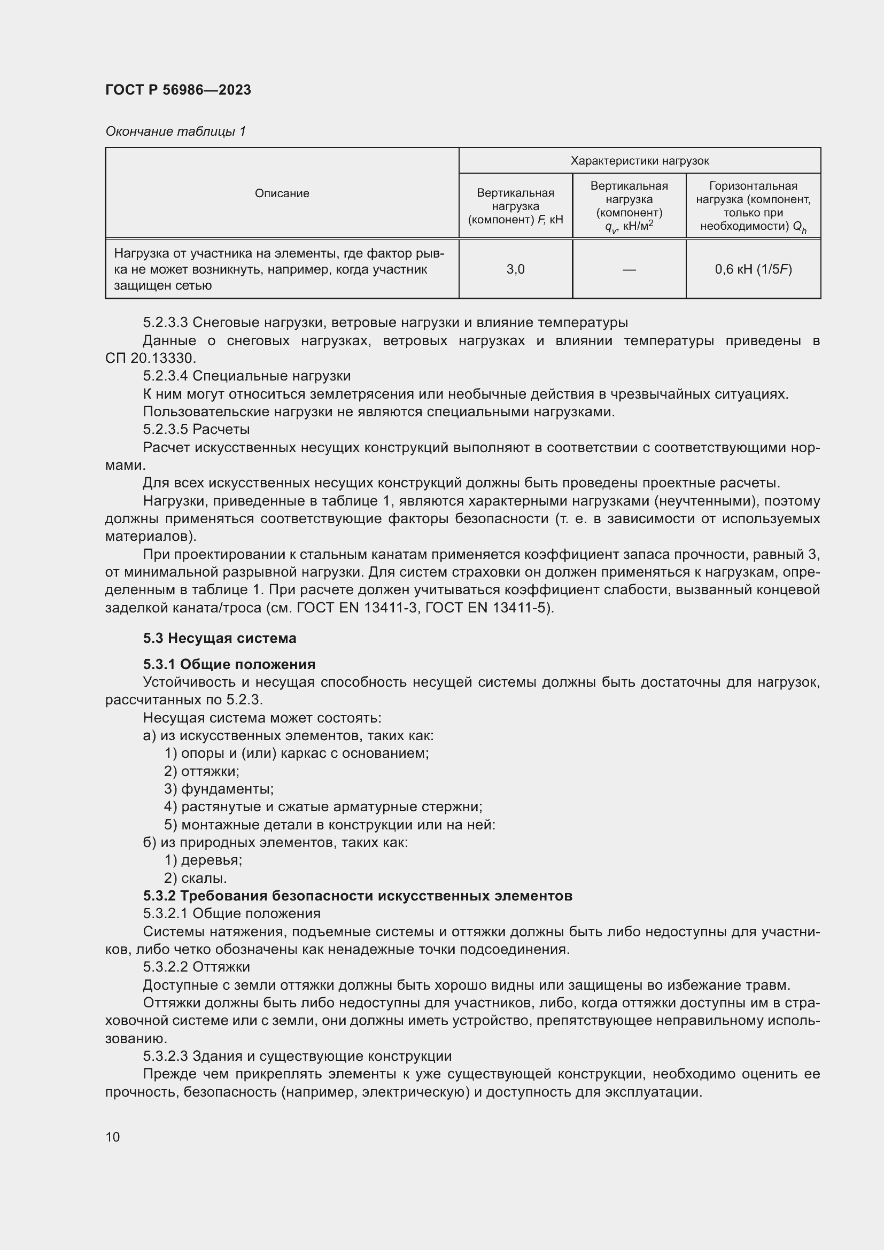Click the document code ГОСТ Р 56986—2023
(178, 90)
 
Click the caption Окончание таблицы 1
(175, 131)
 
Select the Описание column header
(282, 193)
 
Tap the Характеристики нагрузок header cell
(639, 161)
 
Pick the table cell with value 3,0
(515, 269)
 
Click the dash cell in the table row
(629, 269)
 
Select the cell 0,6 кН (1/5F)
(753, 269)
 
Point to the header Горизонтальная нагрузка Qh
(753, 206)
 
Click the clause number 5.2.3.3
(166, 322)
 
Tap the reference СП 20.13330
(150, 358)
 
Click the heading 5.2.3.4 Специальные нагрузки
(246, 376)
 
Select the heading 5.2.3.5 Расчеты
(196, 429)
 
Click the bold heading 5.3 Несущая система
(219, 638)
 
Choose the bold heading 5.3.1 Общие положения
(229, 664)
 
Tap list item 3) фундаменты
(219, 789)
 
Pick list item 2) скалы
(196, 878)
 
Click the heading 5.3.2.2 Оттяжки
(196, 967)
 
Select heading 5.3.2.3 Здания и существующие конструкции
(297, 1056)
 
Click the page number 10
(113, 1137)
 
